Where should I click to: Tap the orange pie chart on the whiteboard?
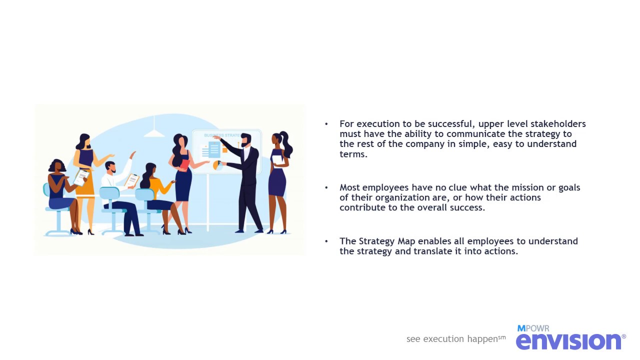pos(217,165)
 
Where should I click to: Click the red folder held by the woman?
pos(184,163)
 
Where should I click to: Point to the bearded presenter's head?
pos(245,139)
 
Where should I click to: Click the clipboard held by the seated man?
pos(131,180)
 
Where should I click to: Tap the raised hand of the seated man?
pos(132,154)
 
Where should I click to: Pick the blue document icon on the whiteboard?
pos(214,149)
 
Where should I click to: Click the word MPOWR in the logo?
pos(533,328)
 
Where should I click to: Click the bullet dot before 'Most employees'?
pos(326,187)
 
